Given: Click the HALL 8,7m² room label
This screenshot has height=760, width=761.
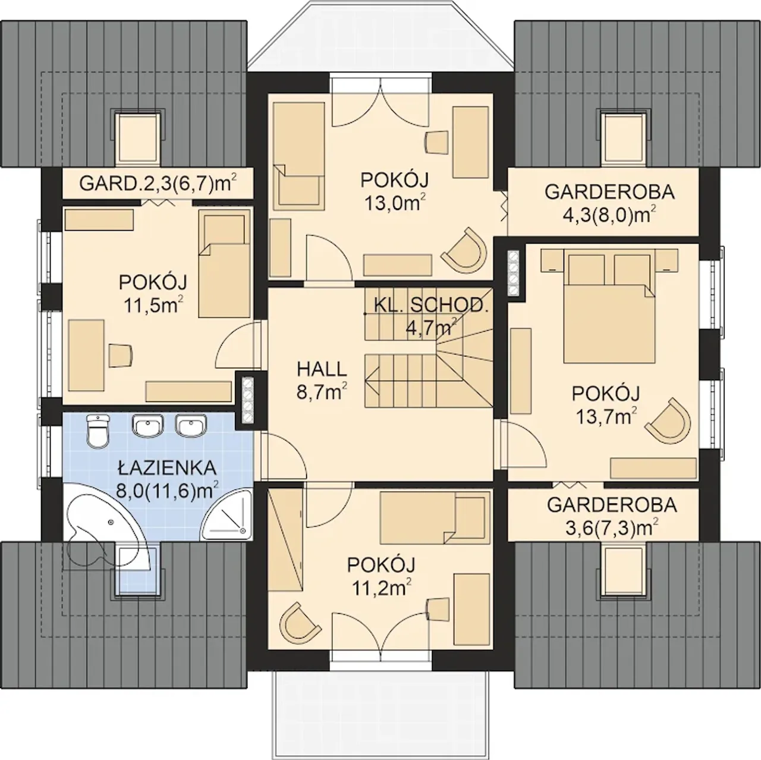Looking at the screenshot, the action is click(x=322, y=381).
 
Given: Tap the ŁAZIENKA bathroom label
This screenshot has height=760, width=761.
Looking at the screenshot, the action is click(x=168, y=468).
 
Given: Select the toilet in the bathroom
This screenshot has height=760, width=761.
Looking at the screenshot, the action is click(x=97, y=431).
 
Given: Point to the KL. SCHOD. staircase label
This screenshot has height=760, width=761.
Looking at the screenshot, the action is click(x=431, y=305).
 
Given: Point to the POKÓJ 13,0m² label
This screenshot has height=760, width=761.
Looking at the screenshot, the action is click(x=395, y=191).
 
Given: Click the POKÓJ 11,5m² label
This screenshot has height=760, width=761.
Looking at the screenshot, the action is click(x=153, y=294).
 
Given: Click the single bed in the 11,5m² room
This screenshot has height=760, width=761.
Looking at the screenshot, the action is click(x=225, y=263).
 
